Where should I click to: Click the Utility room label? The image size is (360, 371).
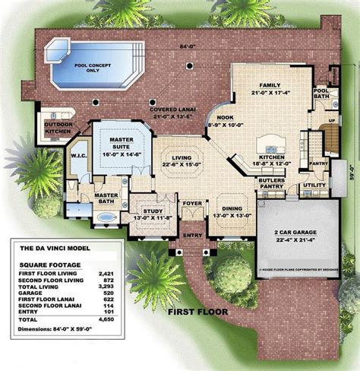(314, 184)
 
